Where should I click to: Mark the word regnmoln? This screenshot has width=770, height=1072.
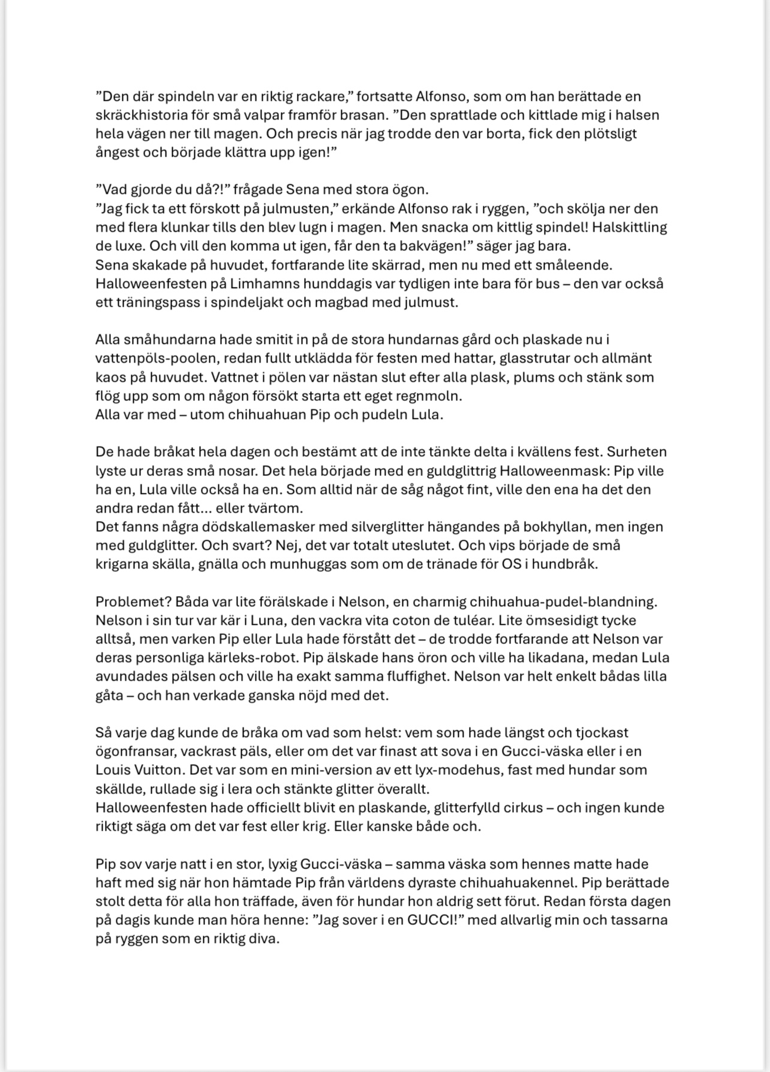coord(430,396)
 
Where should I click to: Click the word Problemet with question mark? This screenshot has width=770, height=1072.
coord(130,601)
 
